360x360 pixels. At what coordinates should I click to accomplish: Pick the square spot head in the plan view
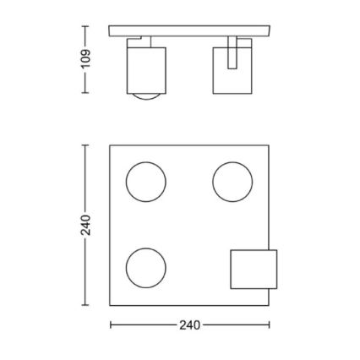click(x=254, y=270)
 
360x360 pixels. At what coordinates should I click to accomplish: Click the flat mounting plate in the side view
click(x=190, y=31)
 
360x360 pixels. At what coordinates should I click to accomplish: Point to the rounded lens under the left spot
click(x=146, y=97)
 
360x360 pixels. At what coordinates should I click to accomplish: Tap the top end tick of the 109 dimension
click(x=85, y=27)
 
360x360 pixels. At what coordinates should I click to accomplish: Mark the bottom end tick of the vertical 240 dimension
click(x=85, y=308)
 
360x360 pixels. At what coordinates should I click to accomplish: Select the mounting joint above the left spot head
click(x=142, y=41)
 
